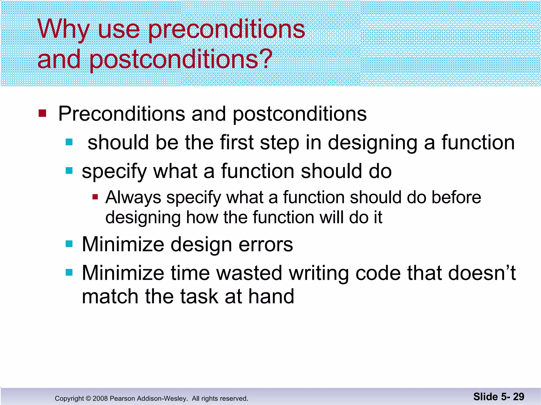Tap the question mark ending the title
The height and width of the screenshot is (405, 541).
click(x=265, y=59)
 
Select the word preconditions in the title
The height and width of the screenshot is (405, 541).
click(x=226, y=30)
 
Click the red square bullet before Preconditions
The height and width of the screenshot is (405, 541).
click(x=42, y=114)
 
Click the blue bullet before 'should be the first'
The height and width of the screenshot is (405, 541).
click(x=69, y=142)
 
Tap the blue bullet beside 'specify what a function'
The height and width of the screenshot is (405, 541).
click(x=69, y=171)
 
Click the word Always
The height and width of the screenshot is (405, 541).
click(x=133, y=197)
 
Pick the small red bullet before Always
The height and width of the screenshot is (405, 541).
click(x=95, y=197)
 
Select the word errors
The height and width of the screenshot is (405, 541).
click(x=266, y=244)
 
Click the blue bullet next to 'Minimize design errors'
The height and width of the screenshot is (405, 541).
click(x=69, y=244)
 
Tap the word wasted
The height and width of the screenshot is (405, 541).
click(x=249, y=273)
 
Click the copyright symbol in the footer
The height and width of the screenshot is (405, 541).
click(x=88, y=398)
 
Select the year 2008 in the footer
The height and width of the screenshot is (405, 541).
click(x=100, y=398)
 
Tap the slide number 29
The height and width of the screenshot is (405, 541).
click(x=519, y=397)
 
